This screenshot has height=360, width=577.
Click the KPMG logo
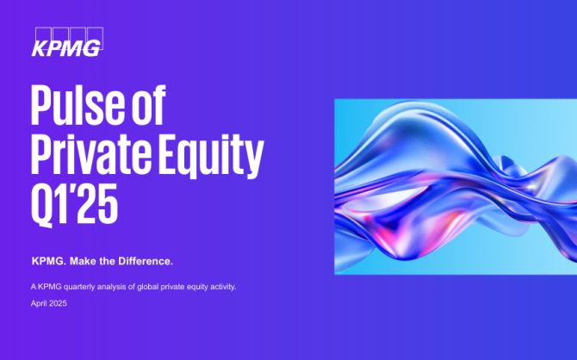pyautogui.click(x=67, y=42)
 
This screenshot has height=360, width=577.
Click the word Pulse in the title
pyautogui.click(x=78, y=105)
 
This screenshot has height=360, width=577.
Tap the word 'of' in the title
pyautogui.click(x=148, y=105)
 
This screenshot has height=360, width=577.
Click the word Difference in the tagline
pyautogui.click(x=144, y=261)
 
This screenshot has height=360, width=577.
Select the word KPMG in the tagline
pyautogui.click(x=47, y=261)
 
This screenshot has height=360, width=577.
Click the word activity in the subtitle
pyautogui.click(x=222, y=287)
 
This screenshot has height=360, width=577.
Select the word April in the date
pyautogui.click(x=38, y=304)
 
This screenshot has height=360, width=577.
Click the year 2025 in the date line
pyautogui.click(x=58, y=303)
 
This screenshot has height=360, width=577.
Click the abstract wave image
pyautogui.click(x=456, y=187)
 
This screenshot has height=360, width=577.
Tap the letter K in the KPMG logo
pyautogui.click(x=40, y=48)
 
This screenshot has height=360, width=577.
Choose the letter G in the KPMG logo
pyautogui.click(x=90, y=48)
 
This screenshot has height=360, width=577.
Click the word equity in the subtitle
pyautogui.click(x=197, y=287)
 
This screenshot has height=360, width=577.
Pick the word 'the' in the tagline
pyautogui.click(x=108, y=261)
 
